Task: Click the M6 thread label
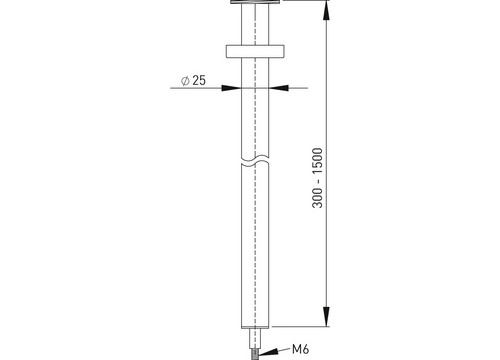coord(301,349)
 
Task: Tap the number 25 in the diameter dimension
coord(199,80)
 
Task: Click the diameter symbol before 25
coord(185,81)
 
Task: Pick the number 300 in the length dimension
coord(318,197)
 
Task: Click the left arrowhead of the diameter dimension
coord(231,88)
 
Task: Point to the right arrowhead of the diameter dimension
coord(279,88)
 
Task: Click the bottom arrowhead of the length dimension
coord(327,316)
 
